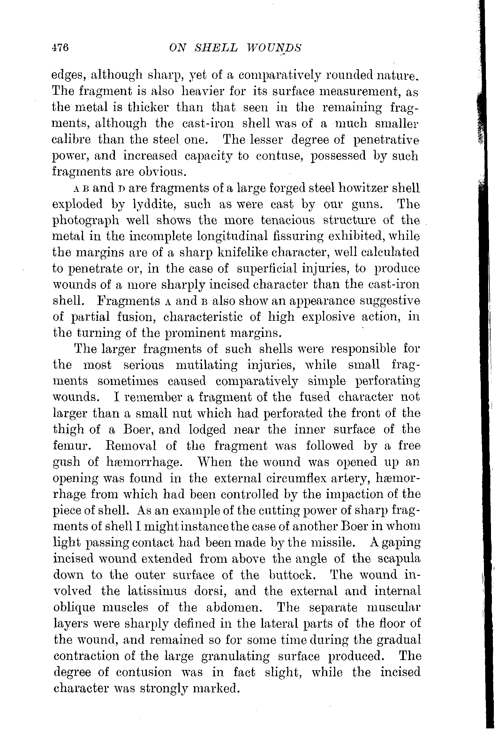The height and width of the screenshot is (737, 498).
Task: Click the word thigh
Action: tap(69, 430)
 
